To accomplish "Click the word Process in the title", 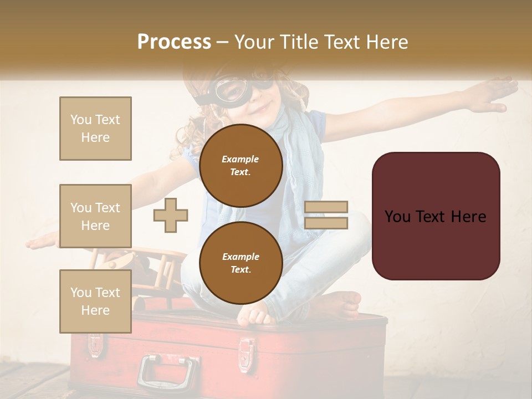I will click(174, 42).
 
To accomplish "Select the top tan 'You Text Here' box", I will click(95, 129).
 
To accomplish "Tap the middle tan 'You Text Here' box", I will click(95, 216).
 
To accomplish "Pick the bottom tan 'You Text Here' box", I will click(95, 301).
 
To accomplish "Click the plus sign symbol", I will click(171, 215).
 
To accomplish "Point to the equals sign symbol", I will click(326, 215).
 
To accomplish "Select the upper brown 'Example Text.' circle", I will click(241, 165).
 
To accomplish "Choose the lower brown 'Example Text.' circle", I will click(241, 263).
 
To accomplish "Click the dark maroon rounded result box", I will click(436, 216).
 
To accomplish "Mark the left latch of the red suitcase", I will click(95, 344).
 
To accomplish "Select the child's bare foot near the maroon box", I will click(344, 302).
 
